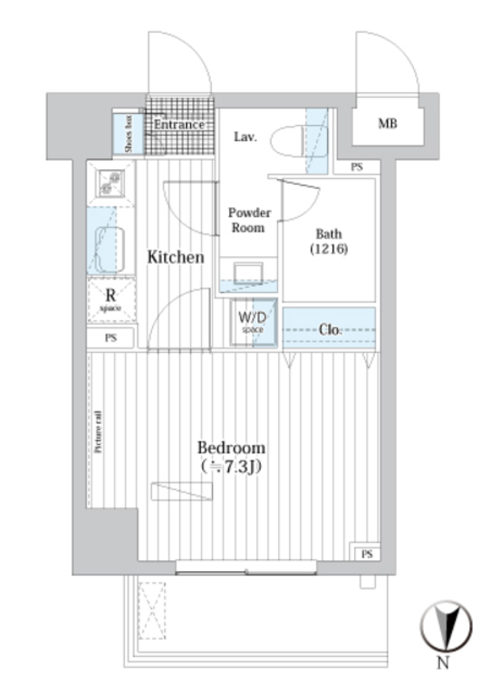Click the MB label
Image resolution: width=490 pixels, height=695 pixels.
pyautogui.click(x=387, y=123)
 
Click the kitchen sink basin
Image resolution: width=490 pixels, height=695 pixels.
pyautogui.click(x=110, y=250)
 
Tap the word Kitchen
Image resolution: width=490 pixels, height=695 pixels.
pyautogui.click(x=176, y=257)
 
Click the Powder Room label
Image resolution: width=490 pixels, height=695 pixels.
pyautogui.click(x=249, y=220)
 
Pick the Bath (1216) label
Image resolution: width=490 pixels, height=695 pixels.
pyautogui.click(x=329, y=241)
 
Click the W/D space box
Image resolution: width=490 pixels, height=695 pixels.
pyautogui.click(x=253, y=322)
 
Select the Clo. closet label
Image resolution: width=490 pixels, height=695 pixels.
pyautogui.click(x=329, y=329)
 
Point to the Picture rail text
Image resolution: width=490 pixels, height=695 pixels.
pyautogui.click(x=98, y=431)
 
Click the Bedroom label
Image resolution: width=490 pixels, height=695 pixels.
pyautogui.click(x=231, y=448)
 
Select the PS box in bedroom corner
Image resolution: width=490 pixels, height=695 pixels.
pyautogui.click(x=366, y=554)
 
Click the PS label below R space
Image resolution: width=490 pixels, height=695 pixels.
pyautogui.click(x=110, y=338)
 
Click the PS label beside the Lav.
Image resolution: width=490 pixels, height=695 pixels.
pyautogui.click(x=357, y=167)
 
